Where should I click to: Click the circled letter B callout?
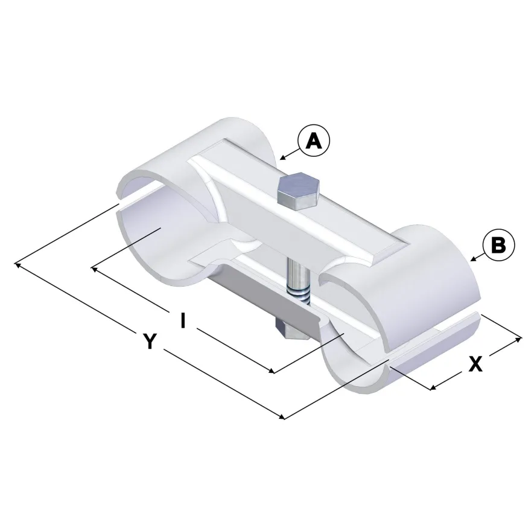(x=498, y=244)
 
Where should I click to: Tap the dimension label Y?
(x=150, y=341)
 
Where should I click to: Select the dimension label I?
(x=183, y=320)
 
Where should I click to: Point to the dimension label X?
(x=475, y=364)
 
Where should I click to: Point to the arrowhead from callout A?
(x=283, y=158)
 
